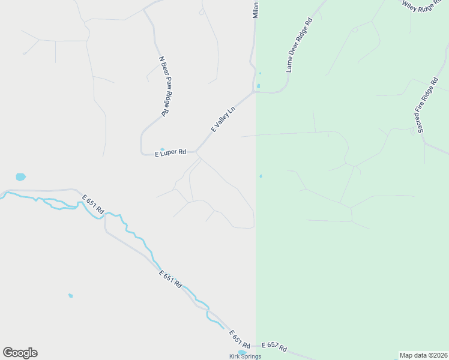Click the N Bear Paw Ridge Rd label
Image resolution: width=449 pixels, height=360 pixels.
166,86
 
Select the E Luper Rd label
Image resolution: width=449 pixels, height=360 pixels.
171,153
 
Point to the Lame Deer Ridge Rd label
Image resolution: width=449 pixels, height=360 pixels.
300,45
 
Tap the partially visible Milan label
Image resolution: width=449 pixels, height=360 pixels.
255,10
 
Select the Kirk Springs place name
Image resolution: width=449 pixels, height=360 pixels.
245,356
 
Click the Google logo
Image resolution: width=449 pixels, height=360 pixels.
20,353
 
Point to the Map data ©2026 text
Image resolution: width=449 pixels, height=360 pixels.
423,355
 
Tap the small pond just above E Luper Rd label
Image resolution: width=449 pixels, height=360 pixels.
162,149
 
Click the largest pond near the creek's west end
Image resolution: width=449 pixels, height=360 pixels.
21,177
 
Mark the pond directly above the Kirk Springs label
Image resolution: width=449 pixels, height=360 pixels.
242,352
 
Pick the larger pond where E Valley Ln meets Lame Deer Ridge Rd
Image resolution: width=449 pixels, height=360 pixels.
258,86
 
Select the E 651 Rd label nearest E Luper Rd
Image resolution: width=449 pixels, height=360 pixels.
93,205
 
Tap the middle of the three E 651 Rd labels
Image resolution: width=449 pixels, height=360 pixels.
170,280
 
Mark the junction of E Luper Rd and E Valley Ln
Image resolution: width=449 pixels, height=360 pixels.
196,152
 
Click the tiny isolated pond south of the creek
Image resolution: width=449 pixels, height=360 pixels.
70,295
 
